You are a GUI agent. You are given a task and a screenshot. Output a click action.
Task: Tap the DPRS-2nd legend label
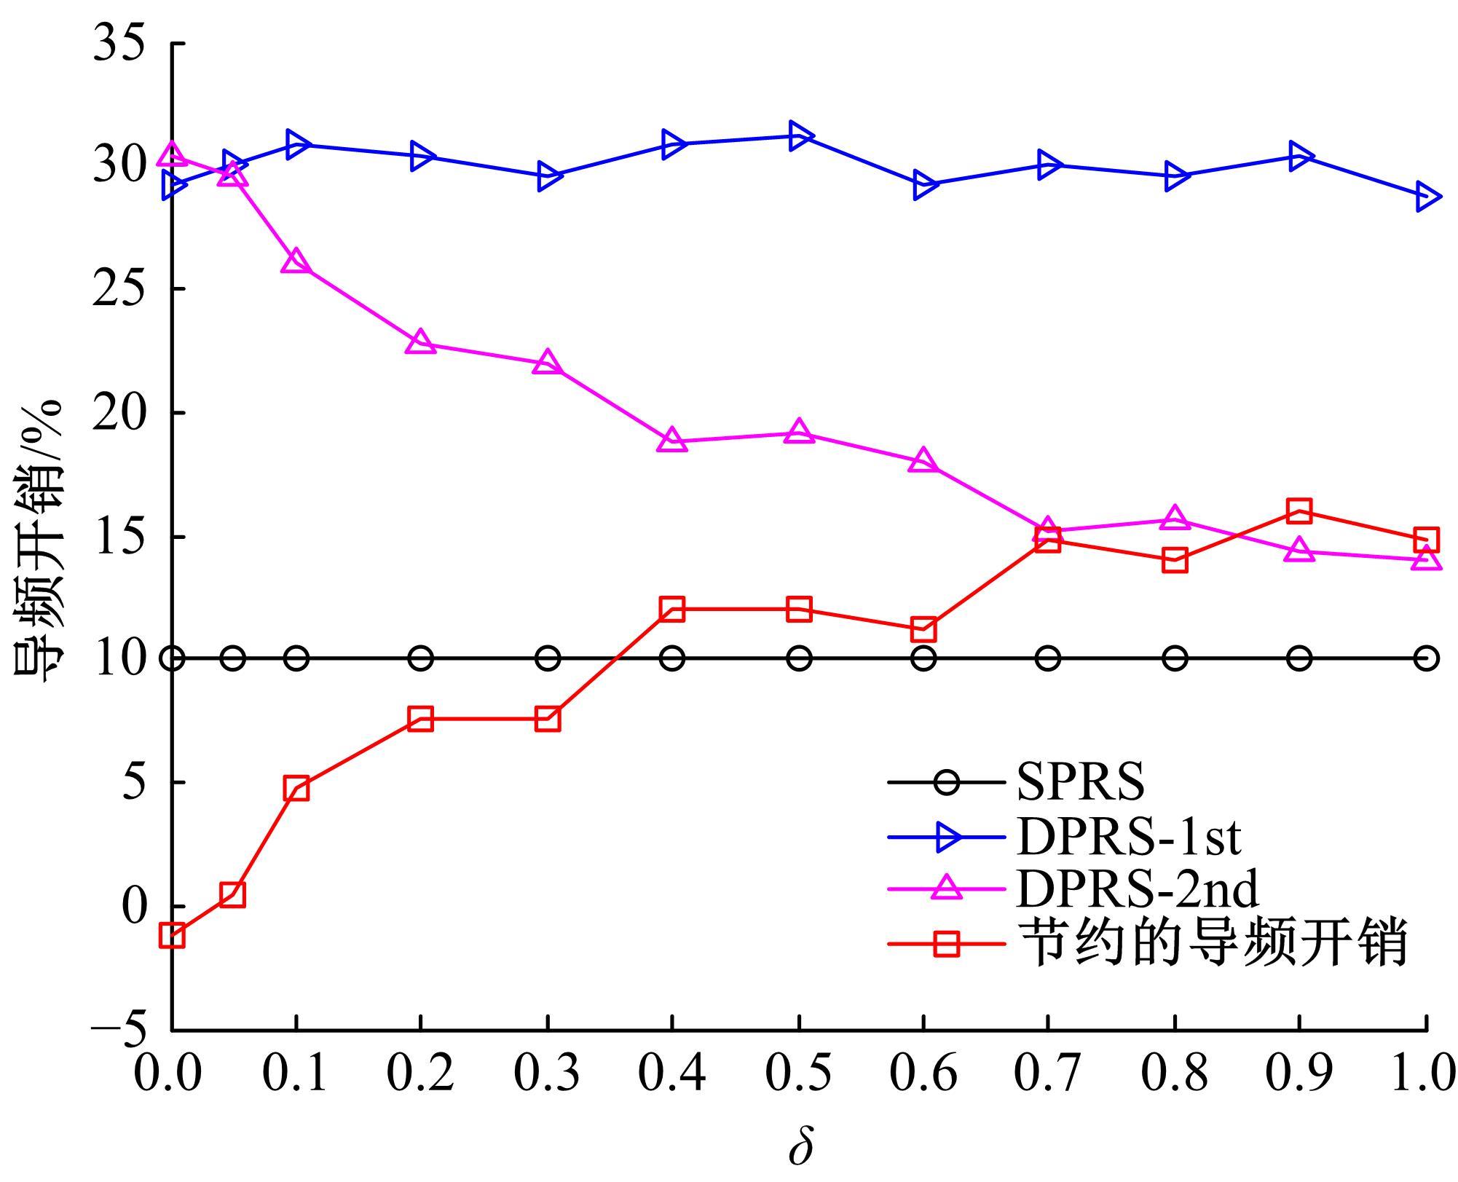click(1137, 890)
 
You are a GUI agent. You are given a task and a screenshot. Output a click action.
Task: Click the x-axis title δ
click(800, 1148)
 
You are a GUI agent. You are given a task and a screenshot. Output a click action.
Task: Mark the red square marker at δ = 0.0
click(172, 936)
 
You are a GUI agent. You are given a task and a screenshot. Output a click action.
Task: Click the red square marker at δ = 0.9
click(1299, 511)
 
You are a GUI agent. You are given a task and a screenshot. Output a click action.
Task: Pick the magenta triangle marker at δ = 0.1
click(296, 261)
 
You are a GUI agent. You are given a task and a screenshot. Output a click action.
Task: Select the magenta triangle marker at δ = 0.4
click(671, 441)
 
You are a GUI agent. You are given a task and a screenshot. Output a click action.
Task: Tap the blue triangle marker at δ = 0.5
click(800, 136)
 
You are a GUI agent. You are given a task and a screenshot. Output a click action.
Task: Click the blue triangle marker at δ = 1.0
click(1425, 197)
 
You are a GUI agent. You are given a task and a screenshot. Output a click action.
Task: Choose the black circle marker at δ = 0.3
click(548, 658)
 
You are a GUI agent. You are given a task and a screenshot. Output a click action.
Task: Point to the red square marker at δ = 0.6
click(923, 629)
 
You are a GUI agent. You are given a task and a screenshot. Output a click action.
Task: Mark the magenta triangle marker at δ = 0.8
click(1175, 518)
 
